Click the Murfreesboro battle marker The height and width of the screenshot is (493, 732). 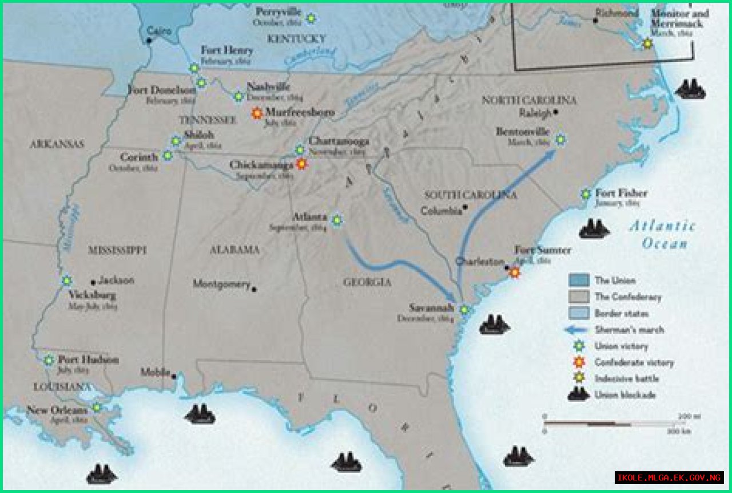[x=257, y=113]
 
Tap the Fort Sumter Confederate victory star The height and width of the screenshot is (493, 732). [x=515, y=273]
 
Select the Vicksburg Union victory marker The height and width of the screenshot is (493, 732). [x=67, y=281]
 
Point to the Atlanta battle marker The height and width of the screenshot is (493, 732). [x=337, y=220]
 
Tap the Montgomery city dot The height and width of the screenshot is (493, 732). [x=254, y=289]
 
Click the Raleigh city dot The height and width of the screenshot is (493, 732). [x=556, y=113]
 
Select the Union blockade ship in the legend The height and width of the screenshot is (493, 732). [x=578, y=395]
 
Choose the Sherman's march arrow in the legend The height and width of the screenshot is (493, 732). [x=578, y=330]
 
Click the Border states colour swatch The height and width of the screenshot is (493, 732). [x=578, y=313]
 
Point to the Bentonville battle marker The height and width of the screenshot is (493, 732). [x=560, y=139]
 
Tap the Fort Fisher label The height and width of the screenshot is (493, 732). [x=621, y=194]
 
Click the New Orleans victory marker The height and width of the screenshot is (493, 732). [x=97, y=407]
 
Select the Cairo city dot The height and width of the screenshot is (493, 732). [x=149, y=41]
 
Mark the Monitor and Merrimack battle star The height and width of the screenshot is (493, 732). [x=647, y=44]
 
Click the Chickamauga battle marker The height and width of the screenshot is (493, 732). [x=301, y=164]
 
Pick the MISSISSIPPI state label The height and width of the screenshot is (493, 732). [x=117, y=250]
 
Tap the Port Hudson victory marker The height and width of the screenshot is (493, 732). [x=49, y=360]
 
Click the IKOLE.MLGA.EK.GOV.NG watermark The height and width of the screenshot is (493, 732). [x=669, y=478]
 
